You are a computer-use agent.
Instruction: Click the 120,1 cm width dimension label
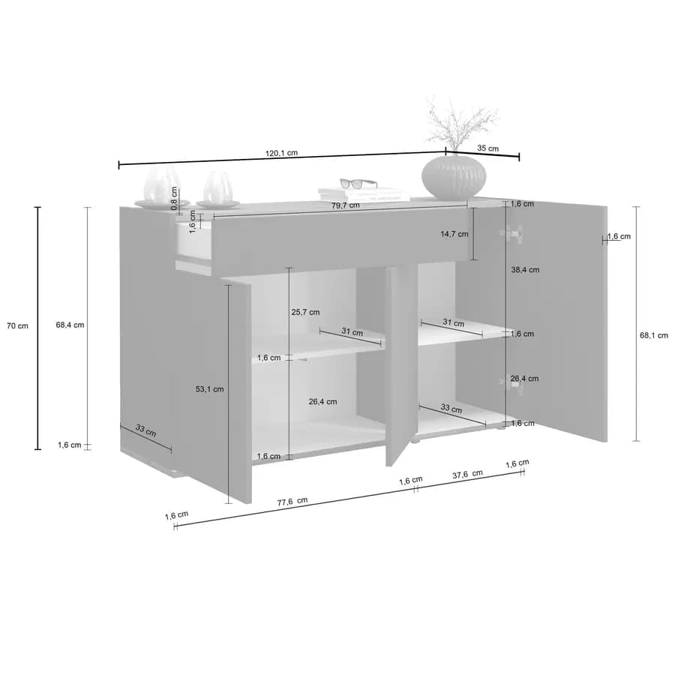coord(281,153)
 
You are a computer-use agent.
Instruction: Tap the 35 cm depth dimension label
coord(487,148)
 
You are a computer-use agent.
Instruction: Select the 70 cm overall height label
coord(17,326)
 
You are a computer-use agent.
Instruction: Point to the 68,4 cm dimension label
coord(70,325)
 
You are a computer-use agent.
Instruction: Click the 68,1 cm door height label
coord(654,335)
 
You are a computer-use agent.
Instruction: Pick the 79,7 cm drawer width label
coord(345,205)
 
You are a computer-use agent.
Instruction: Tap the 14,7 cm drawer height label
coord(454,234)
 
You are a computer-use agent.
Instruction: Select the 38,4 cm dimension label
coord(525,270)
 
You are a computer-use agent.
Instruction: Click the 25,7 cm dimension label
coord(305,312)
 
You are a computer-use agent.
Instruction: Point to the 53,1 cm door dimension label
coord(210,389)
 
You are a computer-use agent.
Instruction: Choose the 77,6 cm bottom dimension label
coord(292,502)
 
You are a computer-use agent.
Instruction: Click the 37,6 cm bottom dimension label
coord(467,475)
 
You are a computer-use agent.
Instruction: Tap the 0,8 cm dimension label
coord(174,198)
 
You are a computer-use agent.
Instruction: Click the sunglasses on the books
coord(358,184)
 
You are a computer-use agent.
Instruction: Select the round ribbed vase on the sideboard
coord(454,177)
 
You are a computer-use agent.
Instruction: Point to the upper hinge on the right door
coord(511,233)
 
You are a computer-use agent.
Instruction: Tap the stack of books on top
coord(364,194)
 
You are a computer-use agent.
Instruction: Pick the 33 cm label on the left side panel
coord(145,430)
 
